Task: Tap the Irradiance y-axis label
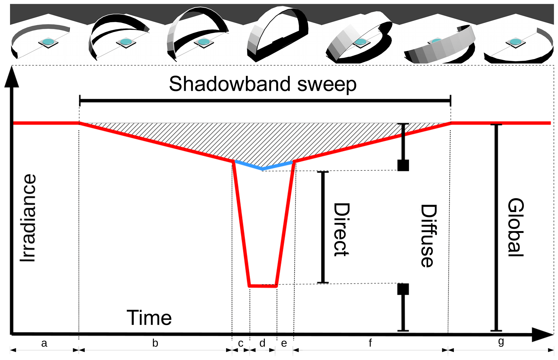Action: pos(28,218)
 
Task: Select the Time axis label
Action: pos(149,318)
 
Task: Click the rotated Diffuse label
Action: pos(428,236)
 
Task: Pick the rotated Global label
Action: pos(516,227)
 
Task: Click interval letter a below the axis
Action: pos(44,343)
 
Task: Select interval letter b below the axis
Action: pos(155,343)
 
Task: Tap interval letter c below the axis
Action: pos(241,343)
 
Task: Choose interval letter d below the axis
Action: pos(262,343)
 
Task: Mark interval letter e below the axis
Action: pos(284,343)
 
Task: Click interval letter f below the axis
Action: pos(370,343)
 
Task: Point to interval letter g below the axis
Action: pos(501,342)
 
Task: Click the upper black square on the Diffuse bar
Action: pos(403,165)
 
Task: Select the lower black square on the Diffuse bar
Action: pos(403,289)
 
